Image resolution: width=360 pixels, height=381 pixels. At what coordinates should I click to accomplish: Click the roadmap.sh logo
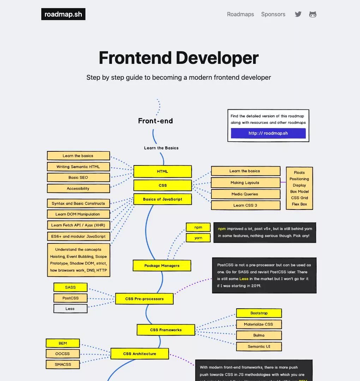coord(63,14)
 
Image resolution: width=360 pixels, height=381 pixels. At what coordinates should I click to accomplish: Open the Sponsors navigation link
coord(273,14)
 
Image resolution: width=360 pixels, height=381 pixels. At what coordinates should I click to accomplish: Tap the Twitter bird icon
coord(298,14)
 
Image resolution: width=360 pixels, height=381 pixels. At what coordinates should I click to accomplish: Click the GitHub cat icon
coord(313,14)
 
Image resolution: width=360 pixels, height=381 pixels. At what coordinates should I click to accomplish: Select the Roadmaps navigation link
coord(240,14)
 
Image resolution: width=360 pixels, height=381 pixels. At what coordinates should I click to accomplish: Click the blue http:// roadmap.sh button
coord(268,133)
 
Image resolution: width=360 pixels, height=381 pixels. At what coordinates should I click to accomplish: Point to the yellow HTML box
coord(162,171)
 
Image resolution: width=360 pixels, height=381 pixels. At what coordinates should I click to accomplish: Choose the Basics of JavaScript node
coord(162,199)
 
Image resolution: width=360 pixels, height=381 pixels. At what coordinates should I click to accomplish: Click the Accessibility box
coord(78,188)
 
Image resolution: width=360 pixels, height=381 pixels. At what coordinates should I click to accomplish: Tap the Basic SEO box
coord(78,177)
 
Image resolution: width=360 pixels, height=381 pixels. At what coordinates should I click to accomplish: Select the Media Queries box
coord(245,194)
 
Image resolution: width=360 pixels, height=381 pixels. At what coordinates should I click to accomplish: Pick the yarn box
coord(198,238)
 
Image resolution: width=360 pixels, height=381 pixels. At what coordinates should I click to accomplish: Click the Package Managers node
coord(162,266)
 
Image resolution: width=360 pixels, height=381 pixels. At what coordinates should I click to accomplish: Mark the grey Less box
coord(70,309)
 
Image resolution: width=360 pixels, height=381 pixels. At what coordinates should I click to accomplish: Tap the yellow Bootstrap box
coord(259,313)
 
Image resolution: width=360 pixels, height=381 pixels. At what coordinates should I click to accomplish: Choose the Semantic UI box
coord(259,346)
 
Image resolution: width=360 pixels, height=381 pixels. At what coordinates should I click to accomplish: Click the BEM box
coord(63,343)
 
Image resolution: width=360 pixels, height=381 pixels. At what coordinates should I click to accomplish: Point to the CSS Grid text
coord(299,198)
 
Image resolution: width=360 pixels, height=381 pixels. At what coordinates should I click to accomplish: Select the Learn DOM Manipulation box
coord(78,214)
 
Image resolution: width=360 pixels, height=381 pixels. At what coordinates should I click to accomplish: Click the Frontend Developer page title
coord(179,58)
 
